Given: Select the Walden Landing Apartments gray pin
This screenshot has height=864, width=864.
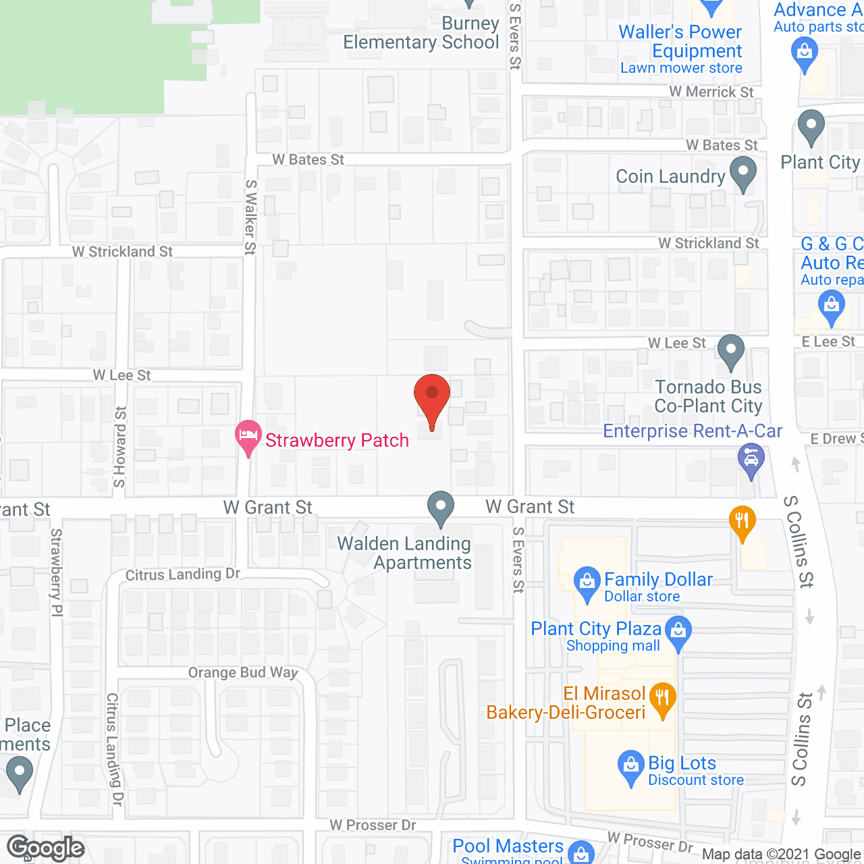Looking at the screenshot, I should pos(441,508).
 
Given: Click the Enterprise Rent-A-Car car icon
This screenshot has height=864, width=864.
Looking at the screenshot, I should pos(751,460).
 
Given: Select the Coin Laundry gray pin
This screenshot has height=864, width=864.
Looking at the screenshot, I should pos(743,173).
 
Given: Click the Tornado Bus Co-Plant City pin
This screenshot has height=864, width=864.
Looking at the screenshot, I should pos(730,351).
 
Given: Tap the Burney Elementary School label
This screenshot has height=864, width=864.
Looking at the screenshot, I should pos(421,33).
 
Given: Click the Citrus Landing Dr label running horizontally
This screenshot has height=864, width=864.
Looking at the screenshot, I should pos(183,574).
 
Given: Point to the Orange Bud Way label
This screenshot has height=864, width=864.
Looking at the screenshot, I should pos(243,673).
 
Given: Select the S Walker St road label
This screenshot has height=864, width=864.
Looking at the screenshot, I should pos(250,217).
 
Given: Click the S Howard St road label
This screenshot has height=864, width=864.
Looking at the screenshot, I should pos(120,446).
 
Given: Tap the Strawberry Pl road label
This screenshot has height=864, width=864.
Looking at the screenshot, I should pos(57,572).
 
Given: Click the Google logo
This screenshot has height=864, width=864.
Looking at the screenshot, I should pos(45,848).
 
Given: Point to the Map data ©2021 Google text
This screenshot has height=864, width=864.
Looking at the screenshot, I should pos(782,855).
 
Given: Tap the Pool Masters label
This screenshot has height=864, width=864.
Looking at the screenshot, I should pos(508,846).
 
